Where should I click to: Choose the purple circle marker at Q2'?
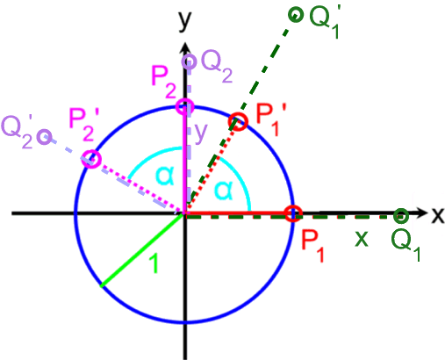[51, 137]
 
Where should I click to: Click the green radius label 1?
[154, 263]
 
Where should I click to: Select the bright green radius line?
[142, 250]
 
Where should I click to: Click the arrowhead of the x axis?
[421, 212]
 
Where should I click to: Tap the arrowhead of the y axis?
[185, 48]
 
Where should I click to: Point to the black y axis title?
[185, 20]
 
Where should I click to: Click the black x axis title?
[438, 217]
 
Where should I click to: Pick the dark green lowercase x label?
[362, 239]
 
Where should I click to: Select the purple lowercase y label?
[201, 133]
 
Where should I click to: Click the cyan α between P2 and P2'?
[165, 176]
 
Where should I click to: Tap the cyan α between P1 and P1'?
[224, 191]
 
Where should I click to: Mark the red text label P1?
[312, 246]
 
